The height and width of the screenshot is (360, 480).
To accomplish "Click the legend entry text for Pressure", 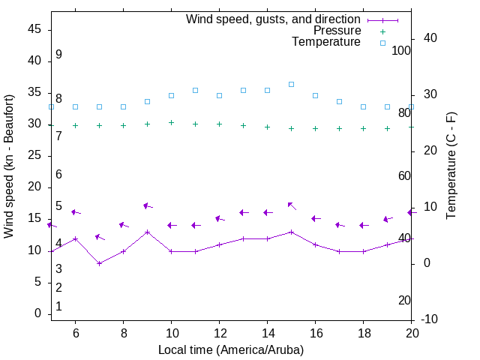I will [x=337, y=31].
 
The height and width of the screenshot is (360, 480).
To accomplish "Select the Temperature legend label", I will [x=326, y=42].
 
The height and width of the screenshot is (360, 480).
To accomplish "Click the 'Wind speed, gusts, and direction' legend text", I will [x=274, y=19].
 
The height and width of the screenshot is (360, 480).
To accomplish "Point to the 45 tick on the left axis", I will [x=34, y=29].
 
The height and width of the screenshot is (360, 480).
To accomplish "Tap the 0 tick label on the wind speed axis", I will [x=38, y=313].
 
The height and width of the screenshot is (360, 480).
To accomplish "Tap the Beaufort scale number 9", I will [x=58, y=55].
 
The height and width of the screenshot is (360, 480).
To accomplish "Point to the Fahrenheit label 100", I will [x=401, y=50].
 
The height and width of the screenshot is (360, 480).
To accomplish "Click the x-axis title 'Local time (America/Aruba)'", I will [x=231, y=349].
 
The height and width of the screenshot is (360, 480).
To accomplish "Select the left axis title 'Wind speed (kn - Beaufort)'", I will [x=9, y=166].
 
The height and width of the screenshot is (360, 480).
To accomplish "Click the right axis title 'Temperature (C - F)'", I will [x=451, y=166].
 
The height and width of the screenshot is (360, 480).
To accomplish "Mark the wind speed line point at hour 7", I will [x=99, y=263].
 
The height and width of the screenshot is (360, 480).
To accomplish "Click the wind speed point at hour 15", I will [x=291, y=232].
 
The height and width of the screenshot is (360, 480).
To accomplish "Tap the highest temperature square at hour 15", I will [x=291, y=84].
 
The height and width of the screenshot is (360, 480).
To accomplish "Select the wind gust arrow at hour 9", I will [x=147, y=205].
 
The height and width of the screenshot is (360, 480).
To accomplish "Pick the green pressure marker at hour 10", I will [x=171, y=122].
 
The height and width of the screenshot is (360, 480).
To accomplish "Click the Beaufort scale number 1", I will [x=58, y=307].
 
